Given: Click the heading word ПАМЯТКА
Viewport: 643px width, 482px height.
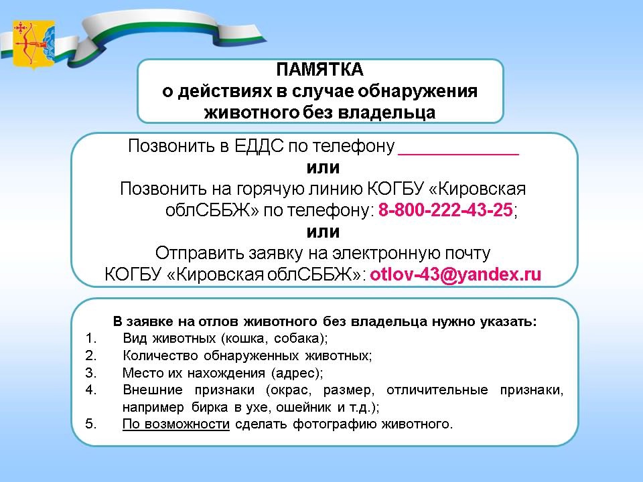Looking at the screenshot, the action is [320, 69].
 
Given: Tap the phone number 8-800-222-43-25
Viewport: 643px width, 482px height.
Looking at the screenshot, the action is [445, 210].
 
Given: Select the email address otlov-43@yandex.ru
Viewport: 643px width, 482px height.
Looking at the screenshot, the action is [455, 274].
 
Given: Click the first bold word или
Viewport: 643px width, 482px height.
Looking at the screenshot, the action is [323, 167].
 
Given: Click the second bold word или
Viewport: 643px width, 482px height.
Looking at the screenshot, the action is [323, 232].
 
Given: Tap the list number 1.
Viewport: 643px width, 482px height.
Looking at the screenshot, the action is [90, 338].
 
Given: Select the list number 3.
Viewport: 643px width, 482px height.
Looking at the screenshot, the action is [90, 373].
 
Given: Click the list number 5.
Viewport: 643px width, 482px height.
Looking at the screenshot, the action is [90, 423].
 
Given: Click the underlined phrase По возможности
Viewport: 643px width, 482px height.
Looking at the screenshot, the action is [176, 424].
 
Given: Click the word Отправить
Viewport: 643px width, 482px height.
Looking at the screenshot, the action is [200, 253].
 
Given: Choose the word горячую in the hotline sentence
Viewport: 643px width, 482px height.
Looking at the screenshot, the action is [270, 189].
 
